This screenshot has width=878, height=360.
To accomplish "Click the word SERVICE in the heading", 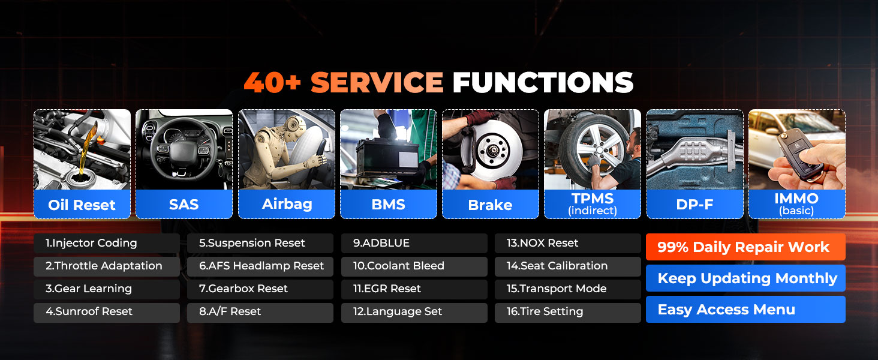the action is point(377,82).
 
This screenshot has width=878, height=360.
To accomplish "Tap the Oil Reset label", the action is point(82,205).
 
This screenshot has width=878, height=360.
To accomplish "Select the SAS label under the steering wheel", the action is point(184,205).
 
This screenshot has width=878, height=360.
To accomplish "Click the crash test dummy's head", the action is point(292,125).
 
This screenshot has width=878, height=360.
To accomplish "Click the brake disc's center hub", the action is point(492,149).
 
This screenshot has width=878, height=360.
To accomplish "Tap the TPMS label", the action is point(593,199).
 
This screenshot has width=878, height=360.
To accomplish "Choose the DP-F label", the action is point(694,205).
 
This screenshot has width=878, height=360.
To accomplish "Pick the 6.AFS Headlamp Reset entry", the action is point(260,266).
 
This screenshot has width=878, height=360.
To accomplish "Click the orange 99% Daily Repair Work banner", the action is point(745,247).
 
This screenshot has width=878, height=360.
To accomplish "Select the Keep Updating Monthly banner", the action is point(745,278).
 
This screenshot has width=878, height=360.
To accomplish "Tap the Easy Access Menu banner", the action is point(745,310).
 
